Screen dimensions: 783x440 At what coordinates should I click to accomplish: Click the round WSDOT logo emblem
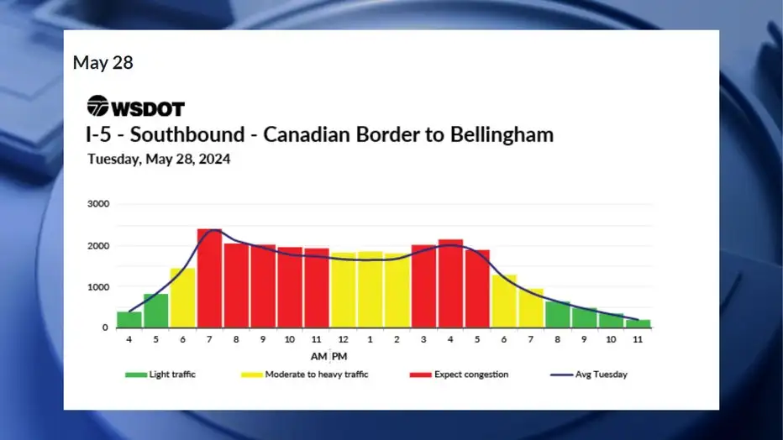(x=97, y=106)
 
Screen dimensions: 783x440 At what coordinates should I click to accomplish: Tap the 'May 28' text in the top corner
(x=102, y=63)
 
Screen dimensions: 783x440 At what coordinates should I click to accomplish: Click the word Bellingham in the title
(x=502, y=134)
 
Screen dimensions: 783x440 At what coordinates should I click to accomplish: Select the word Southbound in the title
(x=187, y=134)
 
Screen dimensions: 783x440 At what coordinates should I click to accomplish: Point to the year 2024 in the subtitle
(x=214, y=160)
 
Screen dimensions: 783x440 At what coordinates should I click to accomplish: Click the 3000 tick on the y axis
(x=98, y=203)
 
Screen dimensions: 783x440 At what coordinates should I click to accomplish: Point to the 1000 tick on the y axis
(x=98, y=287)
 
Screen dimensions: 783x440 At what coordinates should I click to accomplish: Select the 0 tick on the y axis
(x=105, y=327)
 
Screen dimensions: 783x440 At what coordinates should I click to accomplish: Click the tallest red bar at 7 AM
(x=209, y=279)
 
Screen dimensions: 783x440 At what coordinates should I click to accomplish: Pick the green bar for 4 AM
(x=129, y=320)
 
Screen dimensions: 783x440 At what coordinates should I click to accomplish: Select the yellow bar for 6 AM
(x=183, y=298)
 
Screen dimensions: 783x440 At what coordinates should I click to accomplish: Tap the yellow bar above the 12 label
(x=343, y=291)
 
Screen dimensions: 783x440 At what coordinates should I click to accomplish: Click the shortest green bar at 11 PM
(x=638, y=324)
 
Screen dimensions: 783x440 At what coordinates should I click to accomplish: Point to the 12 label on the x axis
(x=343, y=339)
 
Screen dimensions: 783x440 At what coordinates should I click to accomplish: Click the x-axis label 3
(x=423, y=339)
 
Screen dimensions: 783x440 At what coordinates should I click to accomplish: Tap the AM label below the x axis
(x=318, y=356)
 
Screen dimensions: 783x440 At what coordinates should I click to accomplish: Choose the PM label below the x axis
(x=339, y=356)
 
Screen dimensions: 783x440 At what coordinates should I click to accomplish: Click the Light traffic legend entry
(x=160, y=375)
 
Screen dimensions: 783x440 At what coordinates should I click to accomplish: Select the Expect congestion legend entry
(x=459, y=375)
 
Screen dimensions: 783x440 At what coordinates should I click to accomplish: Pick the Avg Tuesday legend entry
(x=589, y=375)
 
